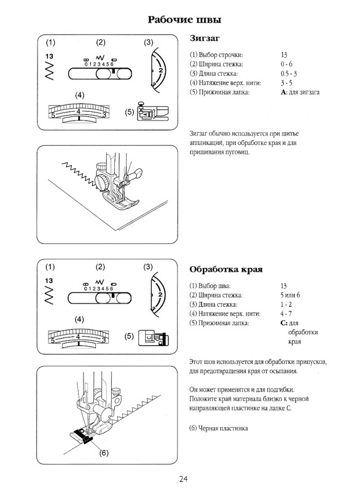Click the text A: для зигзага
tap(299, 92)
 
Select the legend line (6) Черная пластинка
tap(219, 428)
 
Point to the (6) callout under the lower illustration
tap(104, 452)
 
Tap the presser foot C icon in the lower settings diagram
tap(151, 337)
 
